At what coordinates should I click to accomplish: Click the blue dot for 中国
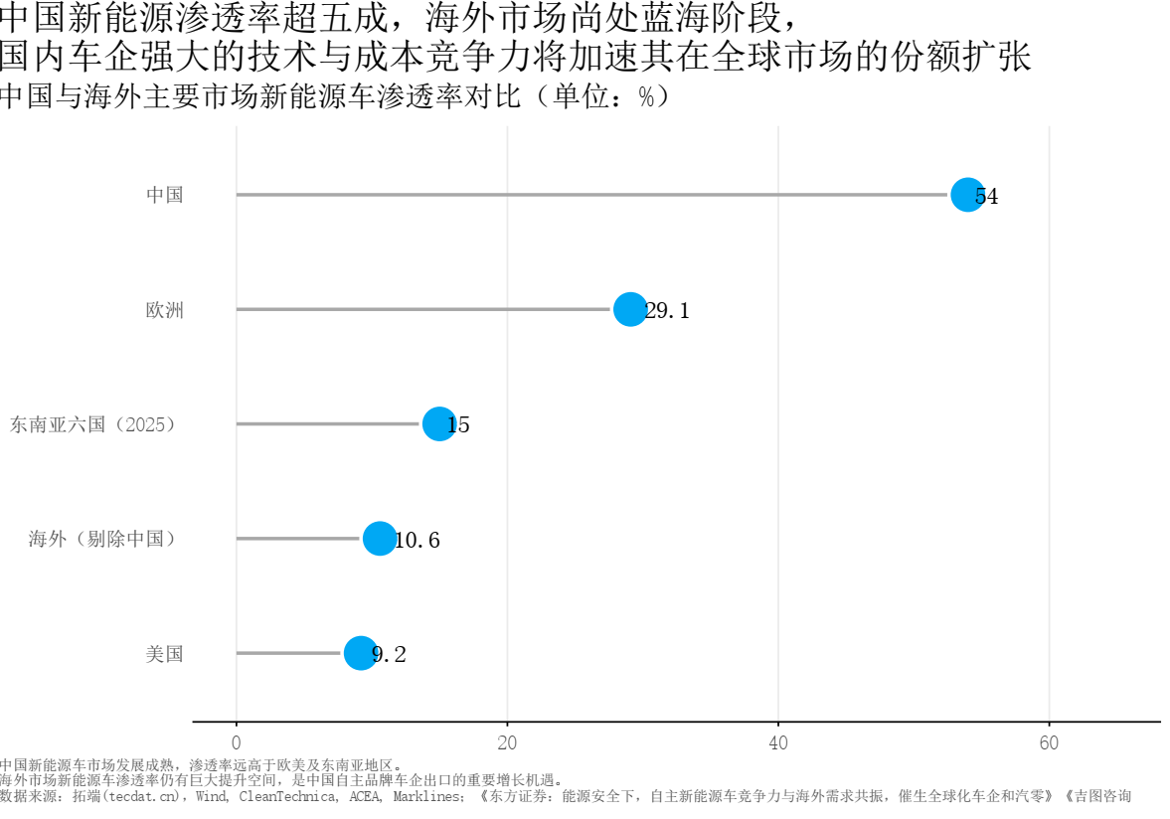click(967, 195)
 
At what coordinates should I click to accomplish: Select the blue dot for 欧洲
click(630, 309)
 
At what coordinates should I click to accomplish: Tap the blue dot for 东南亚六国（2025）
click(438, 423)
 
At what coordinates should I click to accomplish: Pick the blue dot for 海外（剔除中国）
click(379, 539)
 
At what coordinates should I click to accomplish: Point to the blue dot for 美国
click(361, 653)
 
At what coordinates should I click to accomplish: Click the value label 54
click(986, 196)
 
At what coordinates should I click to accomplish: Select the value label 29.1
click(667, 310)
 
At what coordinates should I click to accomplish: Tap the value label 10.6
click(417, 540)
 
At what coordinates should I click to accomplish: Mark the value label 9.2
click(389, 655)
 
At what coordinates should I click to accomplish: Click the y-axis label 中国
click(164, 195)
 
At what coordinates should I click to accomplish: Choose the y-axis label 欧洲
click(164, 309)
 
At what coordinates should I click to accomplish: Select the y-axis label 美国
click(164, 653)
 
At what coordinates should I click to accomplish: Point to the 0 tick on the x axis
click(237, 742)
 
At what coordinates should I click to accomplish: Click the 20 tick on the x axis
click(507, 742)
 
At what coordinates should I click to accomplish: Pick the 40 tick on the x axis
click(778, 742)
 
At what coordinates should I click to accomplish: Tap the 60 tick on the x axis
click(1049, 742)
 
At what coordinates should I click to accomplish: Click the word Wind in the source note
click(211, 796)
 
